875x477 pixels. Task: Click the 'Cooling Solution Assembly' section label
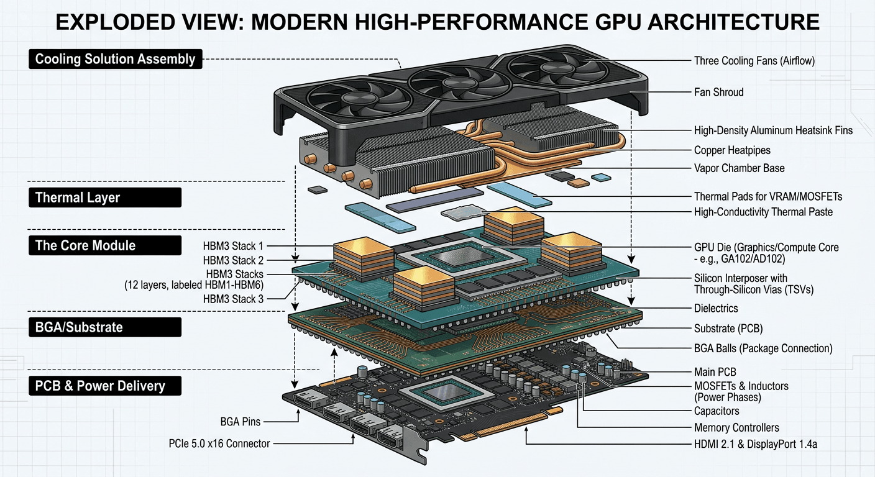point(116,60)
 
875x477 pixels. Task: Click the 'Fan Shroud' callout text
point(718,92)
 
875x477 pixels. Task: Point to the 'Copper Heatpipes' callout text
point(731,150)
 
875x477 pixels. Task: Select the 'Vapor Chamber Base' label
point(738,168)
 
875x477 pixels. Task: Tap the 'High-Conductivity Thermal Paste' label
point(763,212)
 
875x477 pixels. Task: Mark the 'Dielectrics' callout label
point(716,308)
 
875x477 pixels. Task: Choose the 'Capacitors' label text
point(717,411)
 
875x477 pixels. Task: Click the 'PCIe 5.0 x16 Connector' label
point(219,443)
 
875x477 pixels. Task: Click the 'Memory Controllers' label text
point(736,427)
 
